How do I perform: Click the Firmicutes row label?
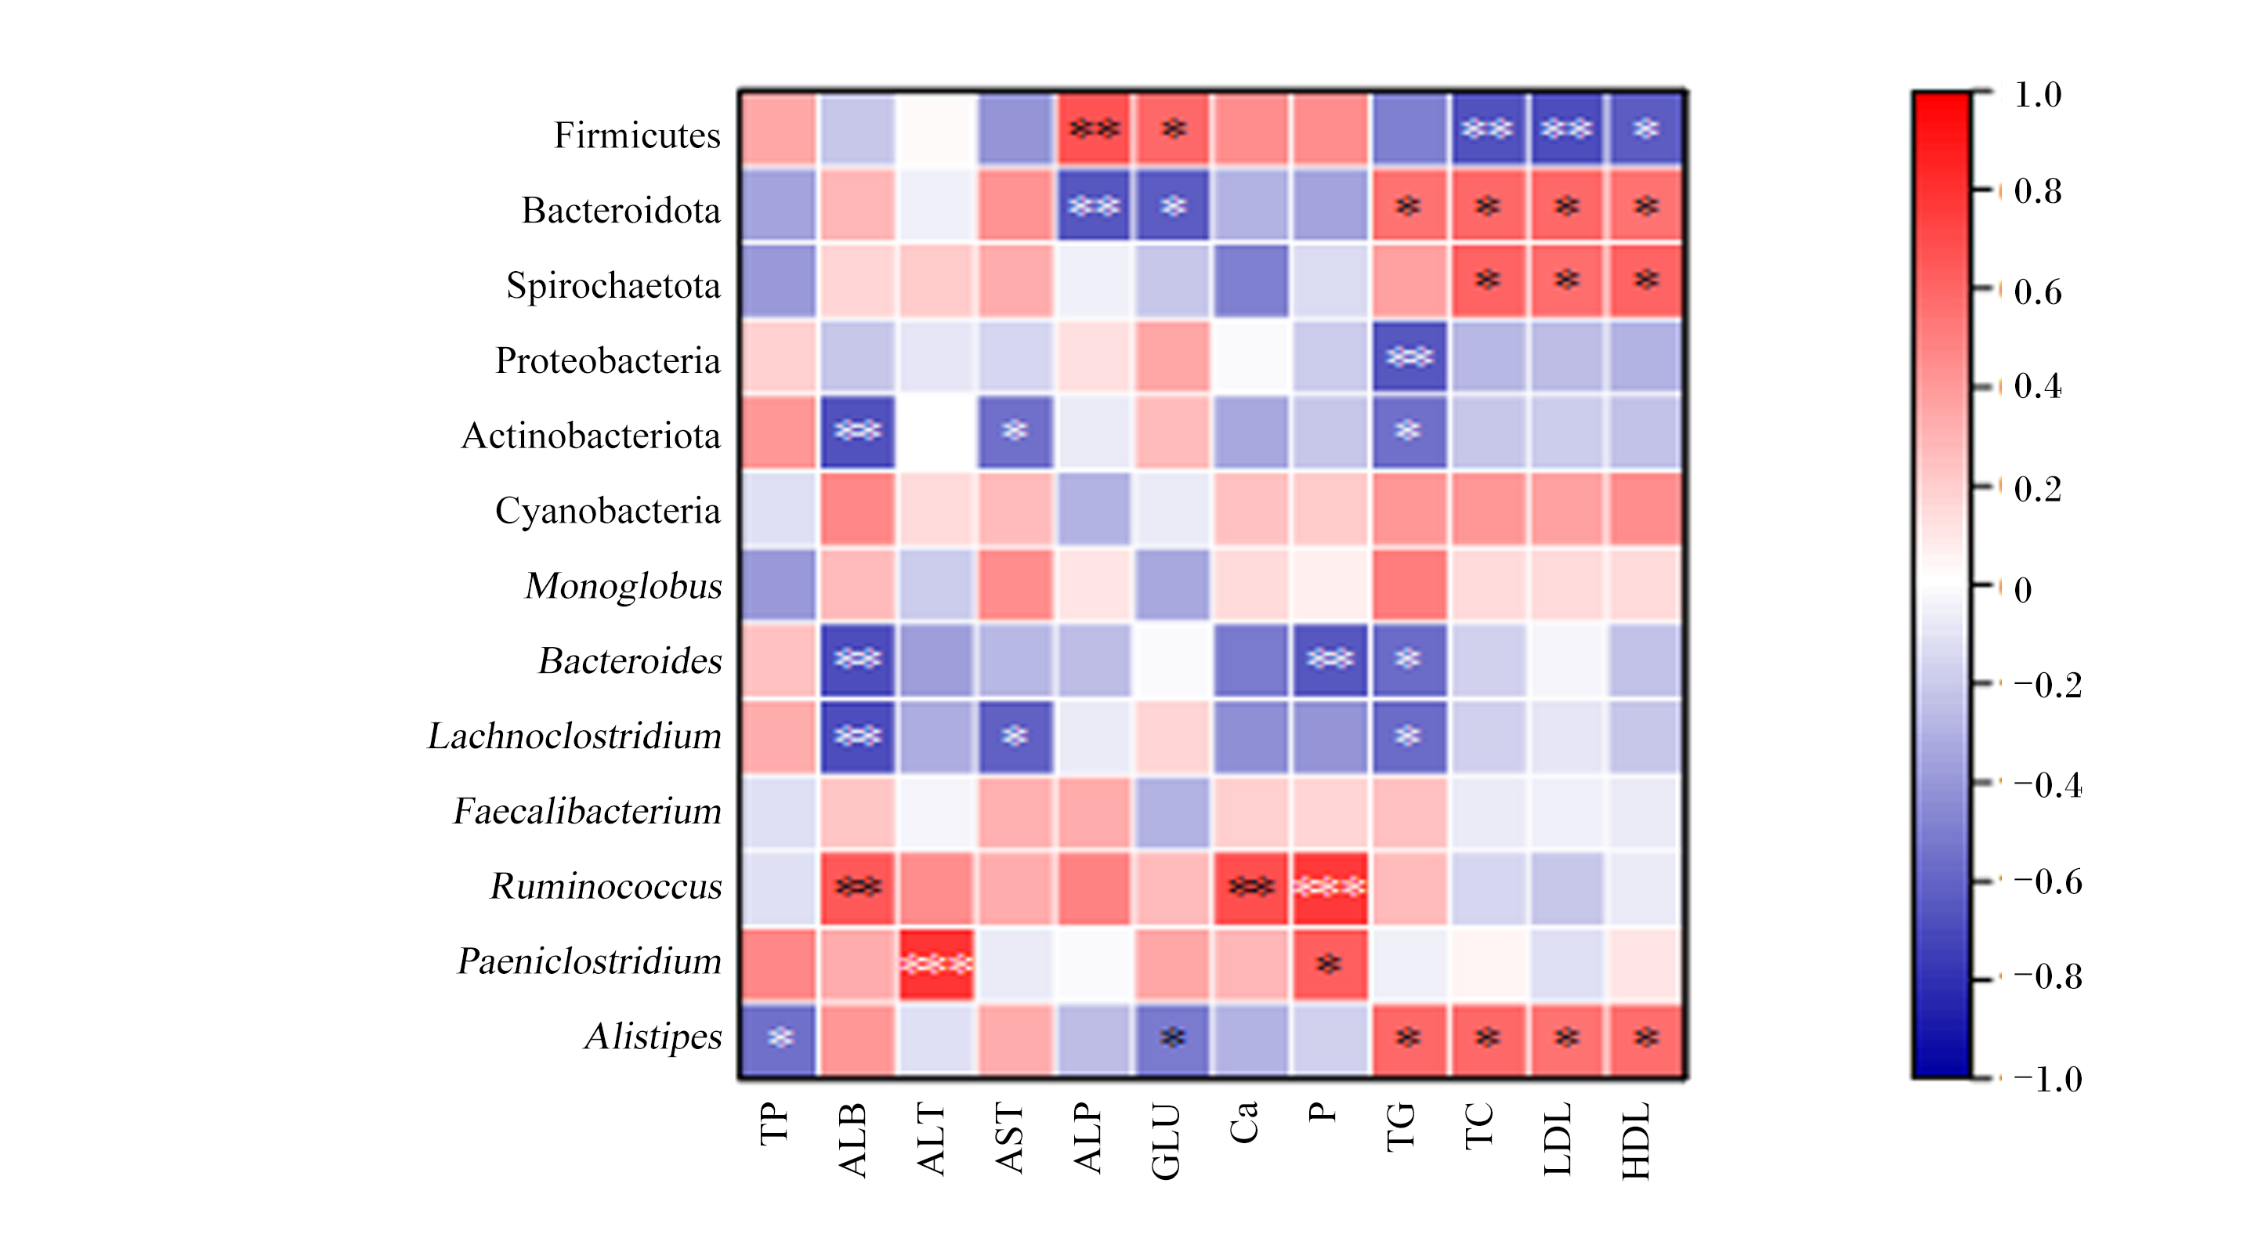pyautogui.click(x=636, y=135)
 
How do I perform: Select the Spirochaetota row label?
pyautogui.click(x=613, y=286)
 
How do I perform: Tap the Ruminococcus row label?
pyautogui.click(x=606, y=886)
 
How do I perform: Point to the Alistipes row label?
pyautogui.click(x=653, y=1037)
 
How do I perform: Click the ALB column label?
pyautogui.click(x=852, y=1139)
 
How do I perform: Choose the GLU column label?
pyautogui.click(x=1166, y=1142)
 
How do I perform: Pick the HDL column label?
pyautogui.click(x=1636, y=1141)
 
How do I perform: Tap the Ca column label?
pyautogui.click(x=1244, y=1122)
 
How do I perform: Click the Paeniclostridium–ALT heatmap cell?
pyautogui.click(x=936, y=965)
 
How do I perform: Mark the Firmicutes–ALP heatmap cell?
pyautogui.click(x=1094, y=128)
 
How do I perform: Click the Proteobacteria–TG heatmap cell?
pyautogui.click(x=1409, y=356)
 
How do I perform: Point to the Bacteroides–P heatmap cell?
pyautogui.click(x=1330, y=659)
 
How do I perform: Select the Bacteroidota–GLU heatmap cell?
pyautogui.click(x=1173, y=205)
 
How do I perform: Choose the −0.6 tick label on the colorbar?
pyautogui.click(x=2046, y=881)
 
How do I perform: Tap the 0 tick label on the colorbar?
pyautogui.click(x=2023, y=590)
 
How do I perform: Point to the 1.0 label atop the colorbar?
pyautogui.click(x=2038, y=95)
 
